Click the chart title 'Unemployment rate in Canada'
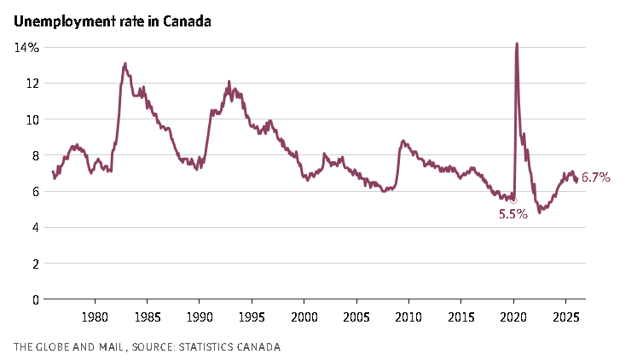(x=112, y=21)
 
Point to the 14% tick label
(x=26, y=48)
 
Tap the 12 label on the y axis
(x=32, y=84)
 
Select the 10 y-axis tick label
(x=32, y=119)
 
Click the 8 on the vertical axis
(x=35, y=156)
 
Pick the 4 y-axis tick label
(x=35, y=228)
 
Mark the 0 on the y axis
(x=35, y=299)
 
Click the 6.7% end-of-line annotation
(x=596, y=177)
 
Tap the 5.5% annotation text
(x=512, y=214)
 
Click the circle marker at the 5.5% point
(x=513, y=200)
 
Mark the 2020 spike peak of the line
(x=517, y=44)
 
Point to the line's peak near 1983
(x=125, y=63)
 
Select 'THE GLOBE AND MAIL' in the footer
(x=67, y=346)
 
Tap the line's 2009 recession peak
(x=402, y=141)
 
